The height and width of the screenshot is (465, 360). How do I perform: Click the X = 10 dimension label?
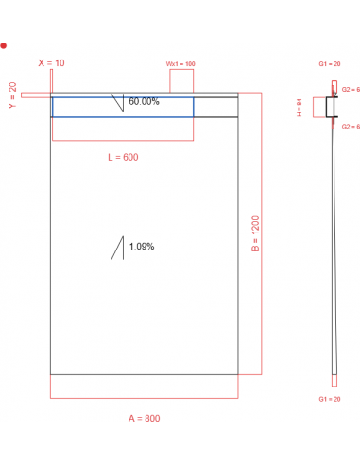pyautogui.click(x=52, y=62)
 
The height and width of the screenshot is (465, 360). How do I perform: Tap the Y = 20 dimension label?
pyautogui.click(x=12, y=95)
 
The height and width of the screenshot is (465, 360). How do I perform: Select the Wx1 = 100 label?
pyautogui.click(x=180, y=63)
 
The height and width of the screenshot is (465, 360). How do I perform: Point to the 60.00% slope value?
pyautogui.click(x=144, y=101)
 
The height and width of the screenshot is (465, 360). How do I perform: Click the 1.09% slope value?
pyautogui.click(x=142, y=247)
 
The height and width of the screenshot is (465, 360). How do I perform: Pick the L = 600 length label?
pyautogui.click(x=123, y=157)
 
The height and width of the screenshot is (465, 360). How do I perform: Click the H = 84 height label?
pyautogui.click(x=299, y=108)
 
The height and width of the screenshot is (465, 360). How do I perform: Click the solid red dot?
pyautogui.click(x=5, y=45)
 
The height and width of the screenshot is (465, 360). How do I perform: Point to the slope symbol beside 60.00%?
pyautogui.click(x=118, y=102)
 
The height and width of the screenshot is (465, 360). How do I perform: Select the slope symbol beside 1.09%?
pyautogui.click(x=118, y=248)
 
